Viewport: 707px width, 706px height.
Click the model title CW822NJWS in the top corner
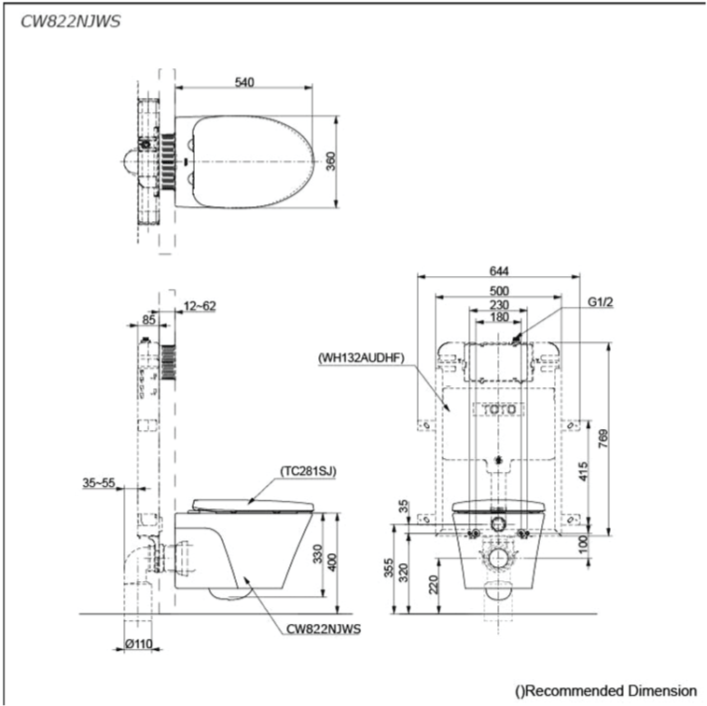[71, 21]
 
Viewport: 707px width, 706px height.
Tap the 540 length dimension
[244, 82]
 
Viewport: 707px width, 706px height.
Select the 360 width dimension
[330, 161]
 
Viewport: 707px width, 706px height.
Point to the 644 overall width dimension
[499, 270]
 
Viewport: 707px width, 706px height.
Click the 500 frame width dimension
[499, 291]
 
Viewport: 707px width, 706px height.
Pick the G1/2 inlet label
[600, 302]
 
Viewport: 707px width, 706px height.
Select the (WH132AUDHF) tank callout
[361, 358]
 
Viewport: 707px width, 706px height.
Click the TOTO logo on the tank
[499, 409]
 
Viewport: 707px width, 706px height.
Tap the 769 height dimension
[603, 438]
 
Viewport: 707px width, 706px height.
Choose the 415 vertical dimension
[584, 471]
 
